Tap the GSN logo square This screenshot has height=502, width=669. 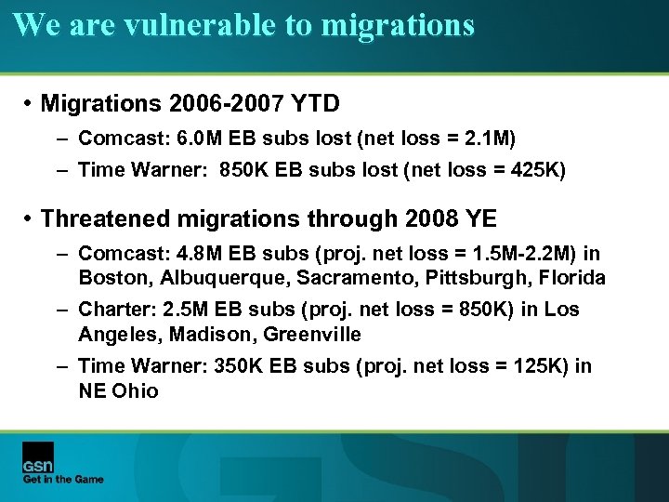point(38,456)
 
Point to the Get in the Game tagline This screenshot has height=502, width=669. point(63,480)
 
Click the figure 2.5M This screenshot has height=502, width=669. point(182,310)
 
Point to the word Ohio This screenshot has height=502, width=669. point(136,390)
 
